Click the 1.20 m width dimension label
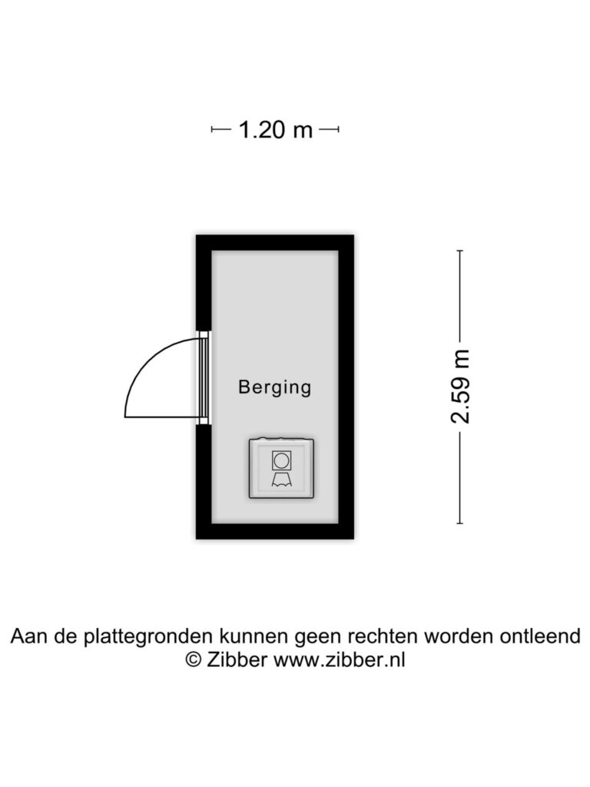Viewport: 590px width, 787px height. pos(276,130)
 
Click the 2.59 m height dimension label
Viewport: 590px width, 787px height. pos(460,387)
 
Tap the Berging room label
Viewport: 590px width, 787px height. pos(274,387)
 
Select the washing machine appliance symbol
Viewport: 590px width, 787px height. pos(281,468)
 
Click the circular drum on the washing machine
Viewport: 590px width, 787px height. pos(281,460)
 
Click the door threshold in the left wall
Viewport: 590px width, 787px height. pos(204,377)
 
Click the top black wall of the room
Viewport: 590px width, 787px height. pos(275,242)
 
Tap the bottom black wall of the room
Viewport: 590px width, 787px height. pos(275,531)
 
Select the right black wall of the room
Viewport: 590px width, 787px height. pos(346,387)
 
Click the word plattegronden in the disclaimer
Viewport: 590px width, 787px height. pos(148,637)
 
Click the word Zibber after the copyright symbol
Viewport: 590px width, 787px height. pos(237,659)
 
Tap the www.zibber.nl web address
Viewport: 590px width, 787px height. pos(339,659)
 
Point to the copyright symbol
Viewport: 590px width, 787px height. pos(193,659)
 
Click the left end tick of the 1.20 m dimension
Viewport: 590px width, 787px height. pos(212,129)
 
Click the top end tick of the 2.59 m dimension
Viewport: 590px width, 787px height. pos(460,251)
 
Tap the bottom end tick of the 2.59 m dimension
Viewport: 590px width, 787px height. pos(460,523)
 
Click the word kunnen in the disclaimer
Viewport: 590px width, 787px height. pos(254,636)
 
